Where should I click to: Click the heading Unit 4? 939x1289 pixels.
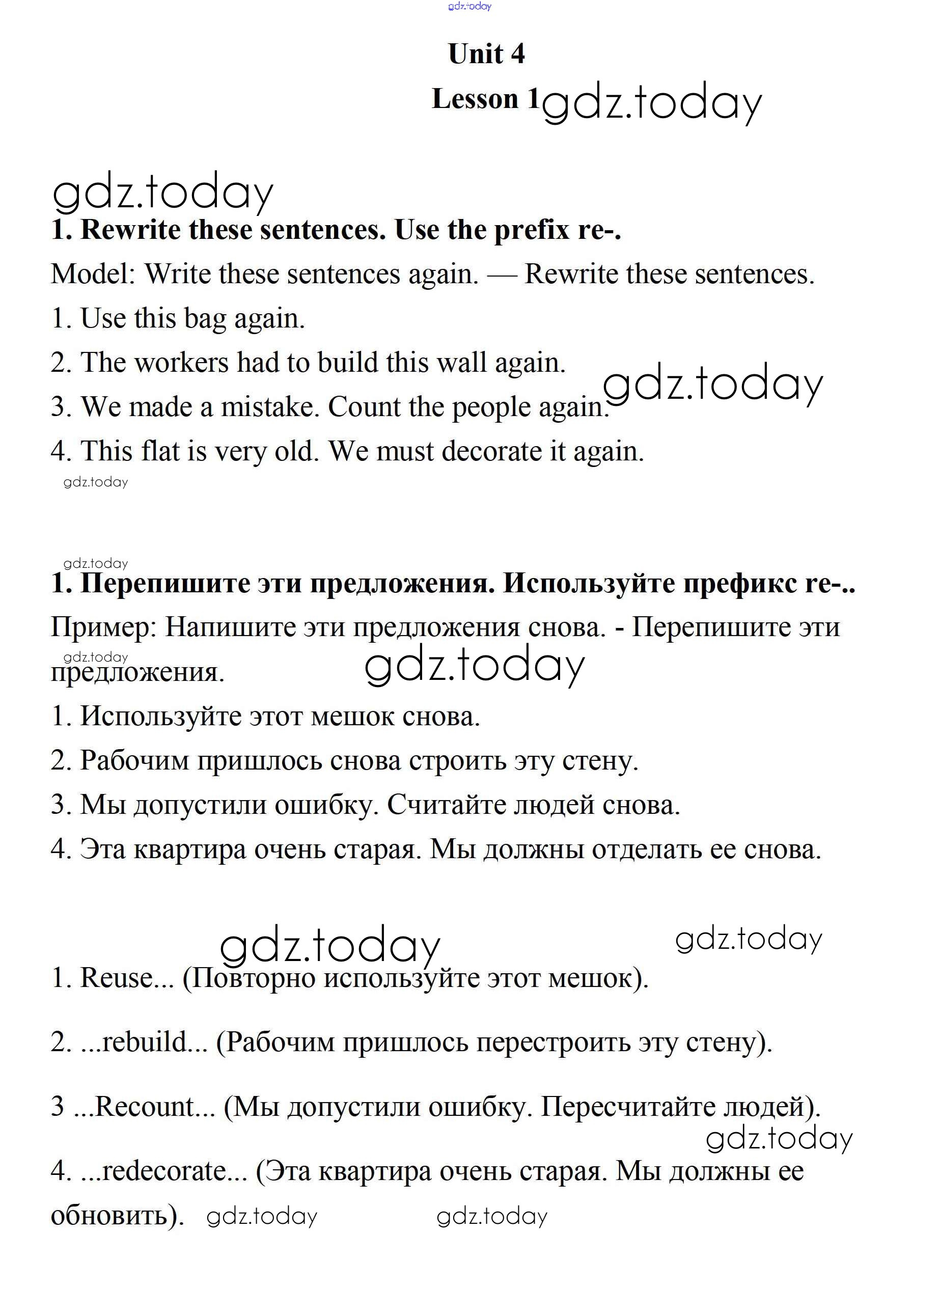point(486,54)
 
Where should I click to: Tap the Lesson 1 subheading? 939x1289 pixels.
point(485,99)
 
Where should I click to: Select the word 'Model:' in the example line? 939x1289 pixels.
point(93,275)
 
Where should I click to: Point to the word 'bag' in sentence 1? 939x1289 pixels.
point(205,319)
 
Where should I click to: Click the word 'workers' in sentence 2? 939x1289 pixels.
point(181,363)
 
